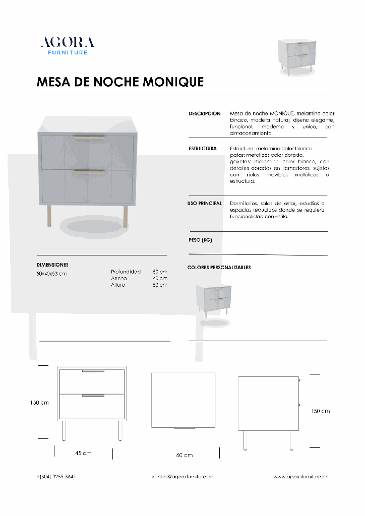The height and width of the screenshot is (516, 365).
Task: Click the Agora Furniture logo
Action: coord(68,45)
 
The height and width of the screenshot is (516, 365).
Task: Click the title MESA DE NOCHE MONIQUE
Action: coord(120,82)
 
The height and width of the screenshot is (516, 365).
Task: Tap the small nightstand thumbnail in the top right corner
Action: coord(297,56)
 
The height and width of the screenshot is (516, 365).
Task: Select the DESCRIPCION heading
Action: coord(204,114)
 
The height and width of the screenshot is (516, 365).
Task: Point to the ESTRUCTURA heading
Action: coord(203,149)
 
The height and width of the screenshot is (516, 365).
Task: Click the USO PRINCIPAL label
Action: coord(204,203)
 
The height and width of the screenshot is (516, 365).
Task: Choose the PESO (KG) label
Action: coord(200,240)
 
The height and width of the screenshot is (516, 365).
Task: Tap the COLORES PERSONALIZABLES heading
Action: coord(219,268)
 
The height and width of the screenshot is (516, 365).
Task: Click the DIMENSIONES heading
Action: coord(52,265)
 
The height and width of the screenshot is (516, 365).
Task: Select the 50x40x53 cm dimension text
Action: coord(51,274)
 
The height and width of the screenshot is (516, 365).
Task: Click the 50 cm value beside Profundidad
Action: coord(160,272)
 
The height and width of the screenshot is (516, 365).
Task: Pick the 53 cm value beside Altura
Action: coord(160,285)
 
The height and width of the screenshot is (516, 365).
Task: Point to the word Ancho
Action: coord(119,278)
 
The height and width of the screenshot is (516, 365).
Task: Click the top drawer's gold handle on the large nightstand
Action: coord(89,137)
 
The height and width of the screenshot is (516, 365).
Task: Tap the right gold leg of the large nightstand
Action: coord(125,216)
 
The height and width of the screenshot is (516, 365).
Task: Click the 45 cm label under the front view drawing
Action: coord(83,453)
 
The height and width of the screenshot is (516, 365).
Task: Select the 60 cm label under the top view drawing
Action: coord(185,455)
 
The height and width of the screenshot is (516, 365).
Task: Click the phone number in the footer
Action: coord(56,476)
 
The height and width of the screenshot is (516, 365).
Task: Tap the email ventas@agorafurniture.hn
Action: coord(182,476)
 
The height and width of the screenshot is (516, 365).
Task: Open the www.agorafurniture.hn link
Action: coord(301,476)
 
